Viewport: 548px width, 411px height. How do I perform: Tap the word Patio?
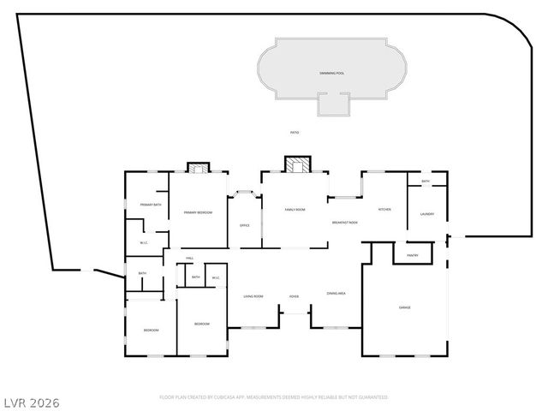295,133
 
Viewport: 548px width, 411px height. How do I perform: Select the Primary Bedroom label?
199,212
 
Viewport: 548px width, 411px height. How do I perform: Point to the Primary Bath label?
152,205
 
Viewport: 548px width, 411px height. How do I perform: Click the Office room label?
244,225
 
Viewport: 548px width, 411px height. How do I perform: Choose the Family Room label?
295,209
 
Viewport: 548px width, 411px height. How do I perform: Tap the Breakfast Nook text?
344,223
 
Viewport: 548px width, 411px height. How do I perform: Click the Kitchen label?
385,209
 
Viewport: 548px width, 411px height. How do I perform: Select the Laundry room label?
426,214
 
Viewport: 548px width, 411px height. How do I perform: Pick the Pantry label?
412,255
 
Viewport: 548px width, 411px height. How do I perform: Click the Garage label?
404,307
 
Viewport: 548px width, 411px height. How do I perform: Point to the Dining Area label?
336,294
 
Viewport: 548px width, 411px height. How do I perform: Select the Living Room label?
253,296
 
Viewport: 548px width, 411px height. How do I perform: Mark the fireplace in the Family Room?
295,165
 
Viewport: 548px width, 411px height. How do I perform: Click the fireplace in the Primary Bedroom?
199,168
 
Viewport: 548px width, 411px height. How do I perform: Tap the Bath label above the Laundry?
426,182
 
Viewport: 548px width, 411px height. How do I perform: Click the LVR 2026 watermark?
31,401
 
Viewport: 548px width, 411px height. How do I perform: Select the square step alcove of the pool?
334,104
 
